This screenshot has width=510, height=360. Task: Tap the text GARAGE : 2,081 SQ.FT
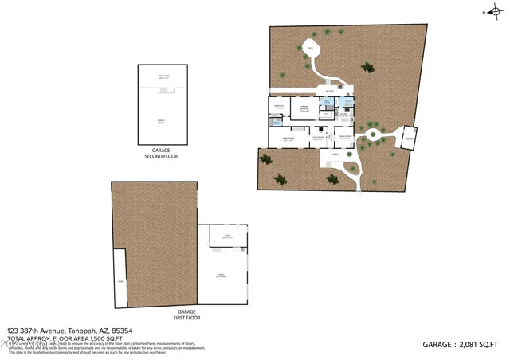(x=461, y=344)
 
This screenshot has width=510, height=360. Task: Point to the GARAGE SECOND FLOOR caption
(x=160, y=153)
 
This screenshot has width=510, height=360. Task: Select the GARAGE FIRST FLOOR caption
(x=186, y=314)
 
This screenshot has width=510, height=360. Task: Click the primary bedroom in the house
(x=304, y=110)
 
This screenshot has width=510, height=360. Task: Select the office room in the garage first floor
(x=228, y=237)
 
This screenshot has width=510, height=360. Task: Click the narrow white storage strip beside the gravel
(x=120, y=279)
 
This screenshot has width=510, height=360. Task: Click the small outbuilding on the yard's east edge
(x=410, y=139)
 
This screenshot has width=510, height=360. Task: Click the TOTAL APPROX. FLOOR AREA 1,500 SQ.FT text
(x=65, y=338)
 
